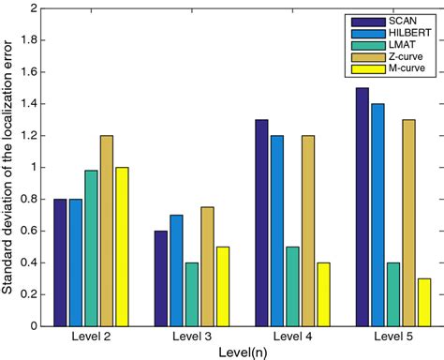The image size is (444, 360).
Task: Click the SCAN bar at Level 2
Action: [61, 262]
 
